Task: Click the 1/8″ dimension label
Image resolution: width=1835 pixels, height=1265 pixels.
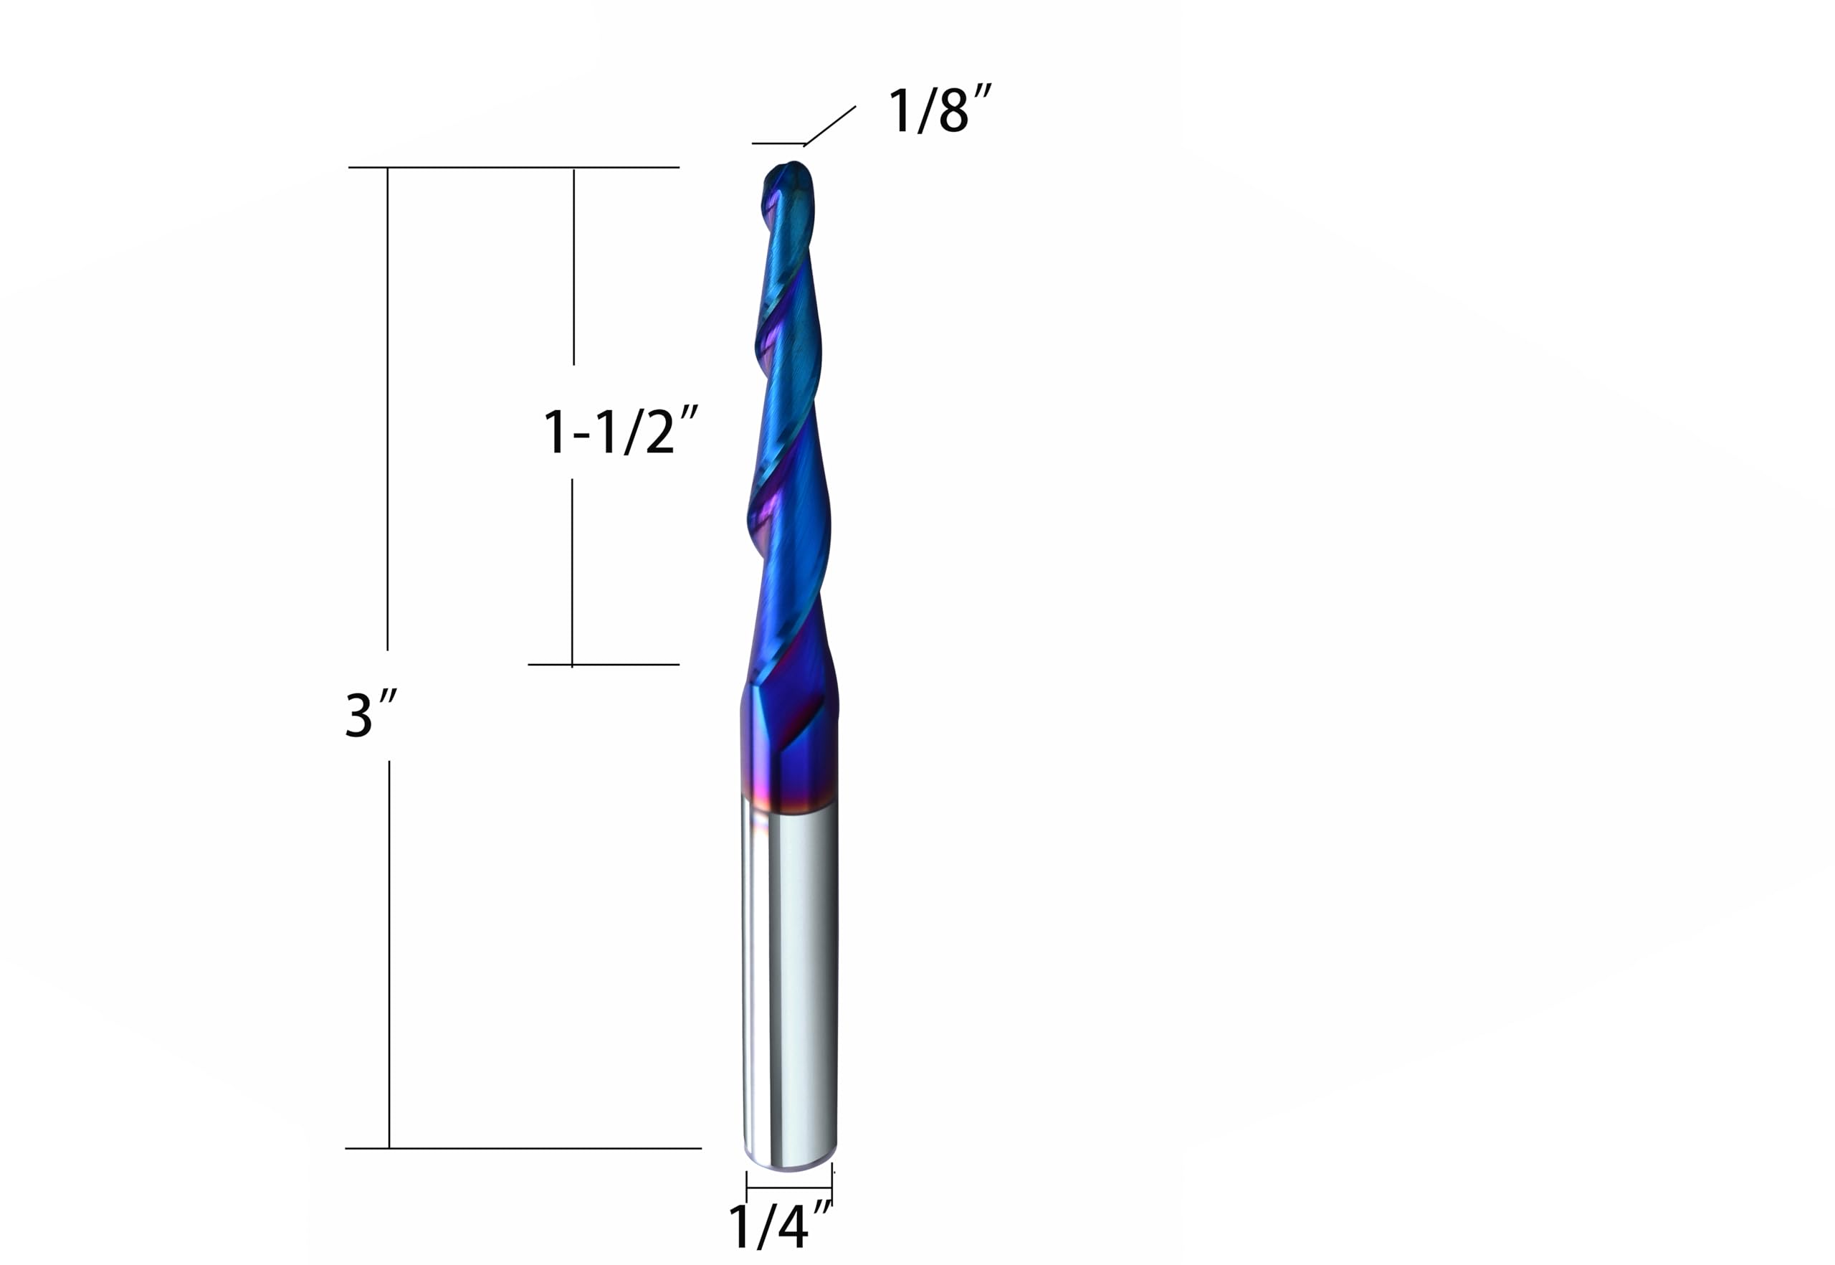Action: tap(939, 111)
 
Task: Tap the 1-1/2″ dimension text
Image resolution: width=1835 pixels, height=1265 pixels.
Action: tap(619, 432)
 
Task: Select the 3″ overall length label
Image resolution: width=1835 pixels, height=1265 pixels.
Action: tap(369, 715)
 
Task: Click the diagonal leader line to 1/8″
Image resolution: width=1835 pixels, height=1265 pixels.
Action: tap(829, 126)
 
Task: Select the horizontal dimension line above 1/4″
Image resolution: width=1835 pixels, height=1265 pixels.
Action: tap(789, 1188)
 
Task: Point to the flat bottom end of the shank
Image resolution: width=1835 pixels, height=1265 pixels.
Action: tap(790, 1165)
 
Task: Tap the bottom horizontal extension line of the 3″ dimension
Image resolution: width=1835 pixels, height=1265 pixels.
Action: tap(523, 1147)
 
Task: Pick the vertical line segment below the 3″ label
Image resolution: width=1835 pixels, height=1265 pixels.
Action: tap(389, 951)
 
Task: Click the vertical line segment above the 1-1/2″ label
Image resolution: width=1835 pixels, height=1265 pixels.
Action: tap(573, 265)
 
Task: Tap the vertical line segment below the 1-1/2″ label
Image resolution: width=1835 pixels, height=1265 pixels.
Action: tap(572, 571)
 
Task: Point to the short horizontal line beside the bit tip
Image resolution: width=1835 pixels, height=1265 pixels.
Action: tap(778, 143)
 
